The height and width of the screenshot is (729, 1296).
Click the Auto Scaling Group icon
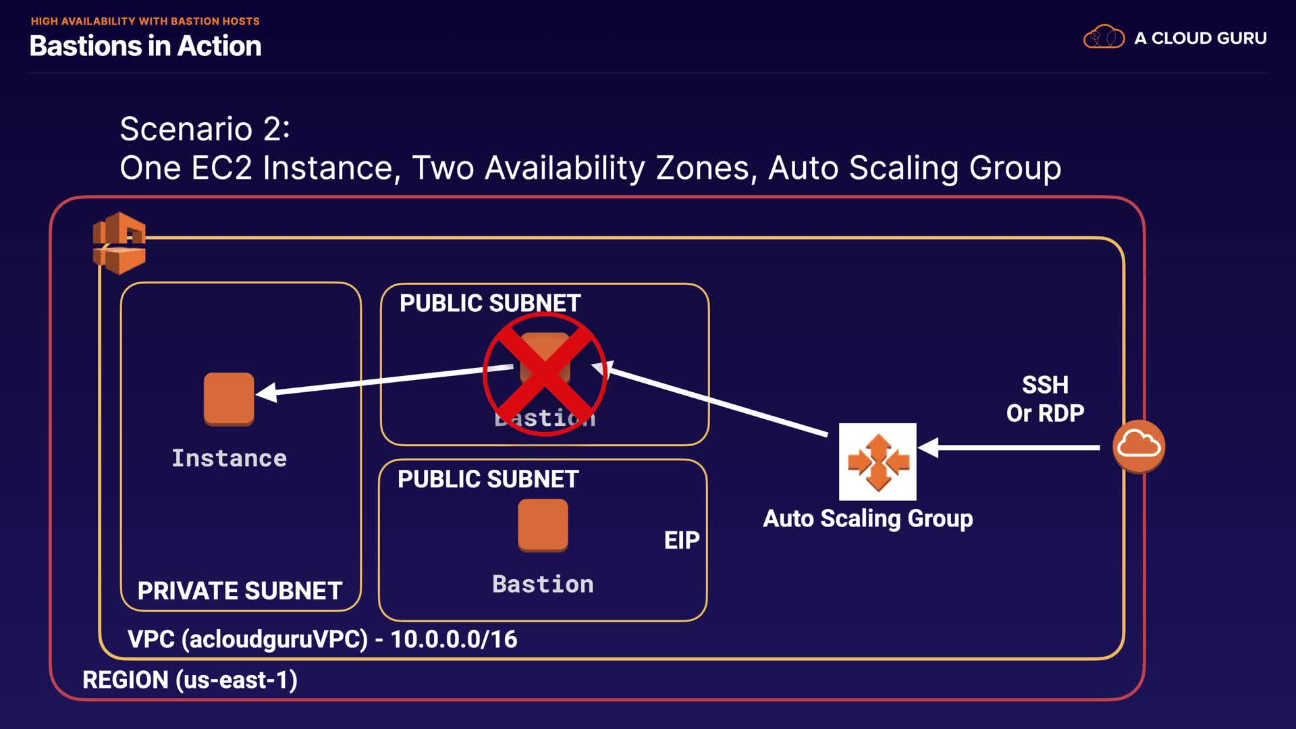click(x=878, y=462)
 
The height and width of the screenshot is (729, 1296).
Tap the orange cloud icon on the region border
click(x=1139, y=446)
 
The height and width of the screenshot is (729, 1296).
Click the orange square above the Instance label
click(x=229, y=399)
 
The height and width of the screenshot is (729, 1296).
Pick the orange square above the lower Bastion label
click(x=543, y=525)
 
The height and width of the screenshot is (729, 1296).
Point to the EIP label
click(x=682, y=540)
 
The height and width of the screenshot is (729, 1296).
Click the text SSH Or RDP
click(x=1045, y=399)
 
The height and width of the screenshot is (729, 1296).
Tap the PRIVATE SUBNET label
click(x=240, y=591)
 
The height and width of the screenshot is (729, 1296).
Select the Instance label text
click(x=229, y=458)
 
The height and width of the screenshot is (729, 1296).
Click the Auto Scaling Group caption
click(x=868, y=518)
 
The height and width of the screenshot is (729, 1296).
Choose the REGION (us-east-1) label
click(x=190, y=680)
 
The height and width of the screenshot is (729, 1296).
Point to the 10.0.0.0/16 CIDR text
click(x=454, y=639)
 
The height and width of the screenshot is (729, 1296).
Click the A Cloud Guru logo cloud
click(x=1104, y=37)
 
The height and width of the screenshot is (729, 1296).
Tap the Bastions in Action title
click(x=145, y=46)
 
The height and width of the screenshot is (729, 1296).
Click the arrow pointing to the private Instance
click(x=385, y=381)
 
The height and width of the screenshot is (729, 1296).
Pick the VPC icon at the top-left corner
click(x=119, y=243)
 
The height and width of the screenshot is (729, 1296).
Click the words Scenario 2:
click(x=205, y=128)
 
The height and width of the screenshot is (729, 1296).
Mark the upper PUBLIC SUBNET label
click(x=490, y=303)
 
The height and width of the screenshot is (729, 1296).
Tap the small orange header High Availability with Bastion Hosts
click(x=145, y=21)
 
